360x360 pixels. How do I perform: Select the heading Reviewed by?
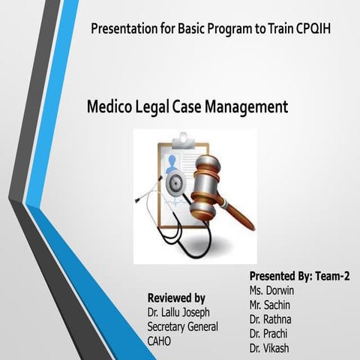pos(176,298)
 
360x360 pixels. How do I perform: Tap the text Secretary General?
pos(183,326)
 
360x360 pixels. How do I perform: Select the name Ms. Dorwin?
pos(273,290)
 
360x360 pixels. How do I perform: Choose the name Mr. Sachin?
pos(271,304)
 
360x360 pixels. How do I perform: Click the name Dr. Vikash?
pos(271,348)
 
